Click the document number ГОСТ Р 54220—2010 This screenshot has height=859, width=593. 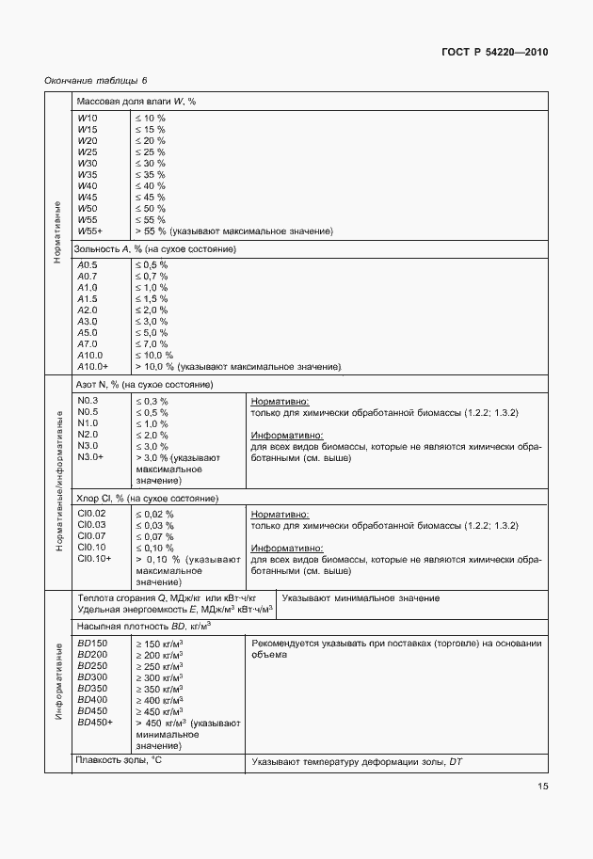[x=494, y=53]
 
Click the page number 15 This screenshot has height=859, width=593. [x=541, y=787]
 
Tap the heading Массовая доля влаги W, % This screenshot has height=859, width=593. [x=136, y=102]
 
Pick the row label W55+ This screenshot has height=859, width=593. [x=90, y=231]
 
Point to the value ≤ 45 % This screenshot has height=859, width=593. [x=151, y=197]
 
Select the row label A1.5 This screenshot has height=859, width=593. [x=88, y=298]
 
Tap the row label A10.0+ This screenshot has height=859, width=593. [x=93, y=366]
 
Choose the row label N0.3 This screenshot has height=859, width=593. [x=88, y=401]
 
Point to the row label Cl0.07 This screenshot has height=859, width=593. [x=91, y=535]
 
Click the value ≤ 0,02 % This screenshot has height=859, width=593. [x=154, y=514]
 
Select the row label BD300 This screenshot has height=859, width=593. [x=92, y=677]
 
